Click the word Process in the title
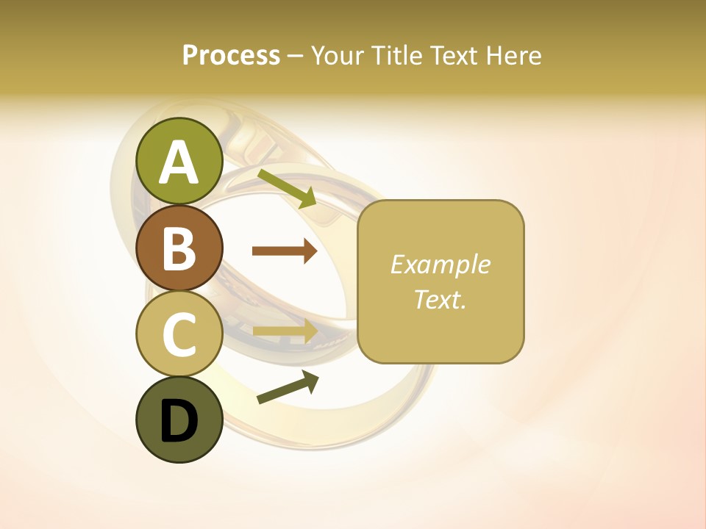(x=231, y=56)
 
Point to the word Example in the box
(x=440, y=264)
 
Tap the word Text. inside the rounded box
(x=440, y=299)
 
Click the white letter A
(x=179, y=162)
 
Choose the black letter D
(x=179, y=421)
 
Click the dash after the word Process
(x=295, y=56)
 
